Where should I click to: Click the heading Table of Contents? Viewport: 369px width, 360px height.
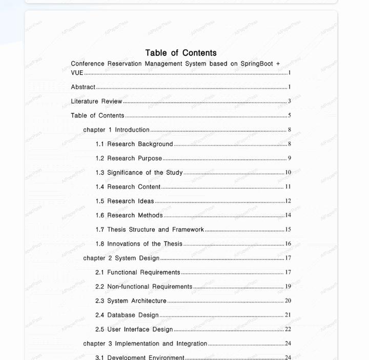click(181, 53)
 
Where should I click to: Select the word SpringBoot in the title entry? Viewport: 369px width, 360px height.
click(257, 64)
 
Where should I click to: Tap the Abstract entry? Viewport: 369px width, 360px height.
click(83, 87)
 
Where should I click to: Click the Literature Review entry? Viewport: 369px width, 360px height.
click(96, 102)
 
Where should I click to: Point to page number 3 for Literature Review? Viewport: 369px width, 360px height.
click(289, 102)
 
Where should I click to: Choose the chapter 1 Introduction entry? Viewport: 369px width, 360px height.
click(116, 130)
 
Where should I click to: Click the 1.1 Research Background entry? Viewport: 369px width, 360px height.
click(134, 144)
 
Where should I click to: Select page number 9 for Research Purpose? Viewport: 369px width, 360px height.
click(289, 158)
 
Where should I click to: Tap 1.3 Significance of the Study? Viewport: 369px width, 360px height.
click(139, 173)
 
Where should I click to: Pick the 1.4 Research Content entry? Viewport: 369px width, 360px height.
click(128, 187)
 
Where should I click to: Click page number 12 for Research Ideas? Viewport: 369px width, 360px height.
click(288, 202)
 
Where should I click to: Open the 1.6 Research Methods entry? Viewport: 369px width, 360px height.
click(129, 215)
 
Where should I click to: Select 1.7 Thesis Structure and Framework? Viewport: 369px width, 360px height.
click(150, 230)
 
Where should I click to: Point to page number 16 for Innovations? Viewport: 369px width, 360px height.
click(288, 244)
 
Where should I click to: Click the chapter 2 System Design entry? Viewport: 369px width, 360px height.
click(121, 258)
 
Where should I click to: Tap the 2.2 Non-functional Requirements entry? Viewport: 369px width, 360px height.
click(143, 287)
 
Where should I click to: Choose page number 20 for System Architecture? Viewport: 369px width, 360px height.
click(288, 301)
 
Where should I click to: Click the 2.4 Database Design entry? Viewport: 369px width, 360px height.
click(127, 315)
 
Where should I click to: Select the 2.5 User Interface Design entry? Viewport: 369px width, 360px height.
click(134, 329)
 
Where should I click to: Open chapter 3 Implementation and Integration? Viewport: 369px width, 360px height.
click(145, 344)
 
